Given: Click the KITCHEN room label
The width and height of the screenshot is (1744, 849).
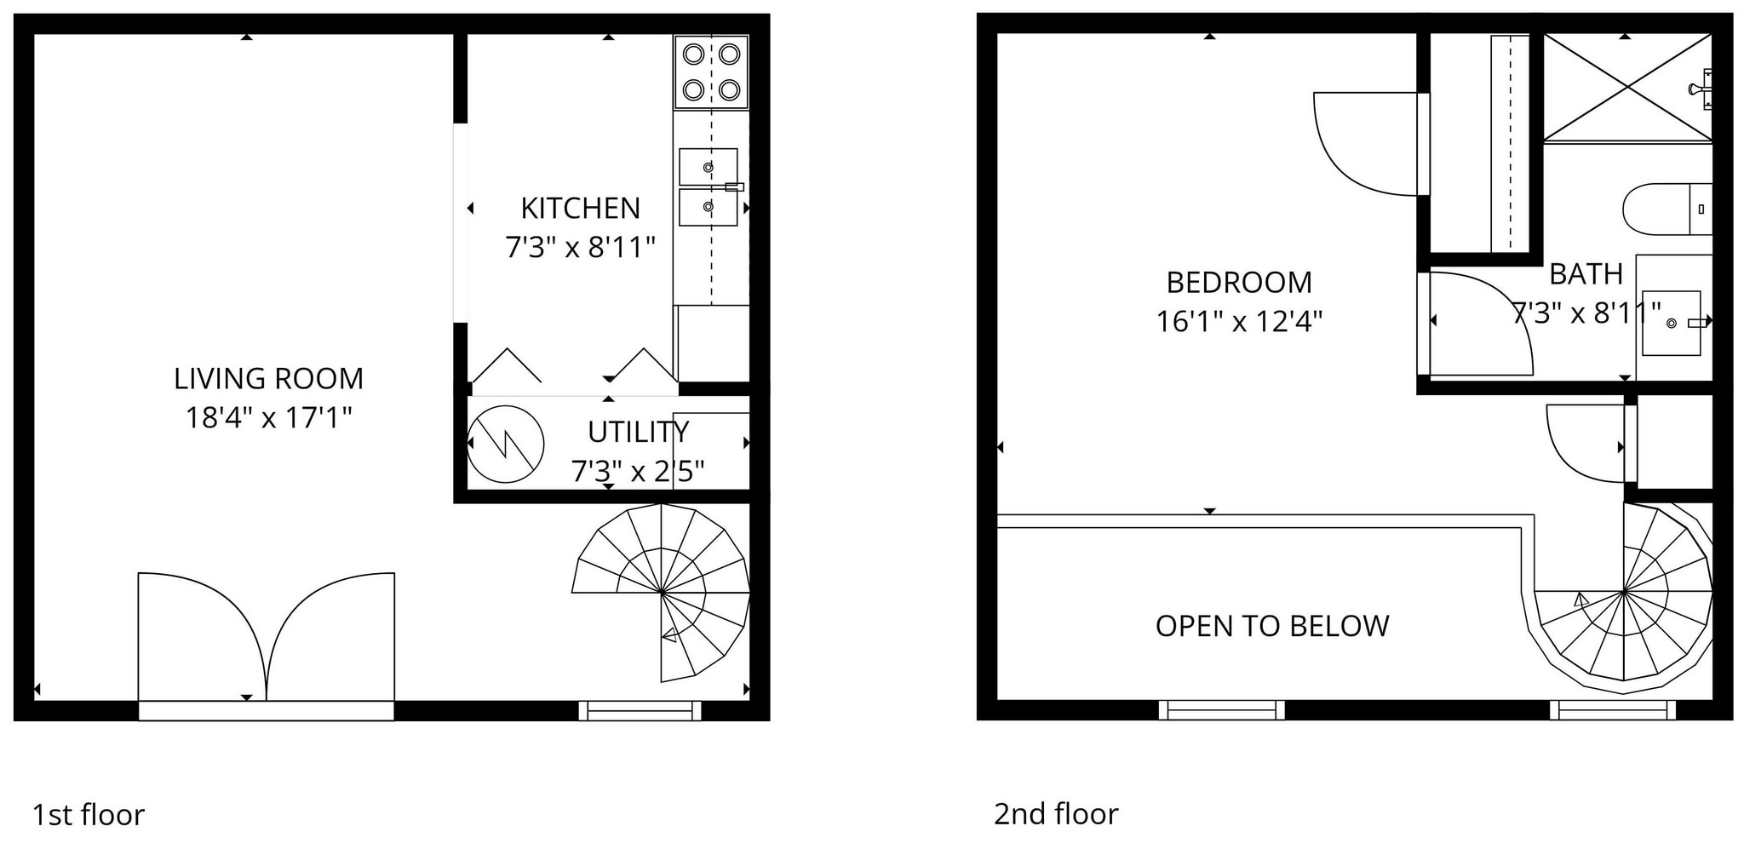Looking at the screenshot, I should tap(580, 209).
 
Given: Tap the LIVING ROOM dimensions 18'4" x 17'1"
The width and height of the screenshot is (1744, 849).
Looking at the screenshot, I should tap(268, 418).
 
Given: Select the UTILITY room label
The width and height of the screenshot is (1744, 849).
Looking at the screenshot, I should tap(638, 433).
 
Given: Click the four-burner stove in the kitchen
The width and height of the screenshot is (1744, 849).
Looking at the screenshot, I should tap(711, 72).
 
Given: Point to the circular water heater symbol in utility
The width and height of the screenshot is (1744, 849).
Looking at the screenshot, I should tap(506, 445).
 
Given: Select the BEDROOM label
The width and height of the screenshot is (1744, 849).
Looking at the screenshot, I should tap(1238, 283).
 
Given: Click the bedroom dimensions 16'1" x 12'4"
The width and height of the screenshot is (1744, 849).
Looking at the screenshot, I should tap(1238, 322).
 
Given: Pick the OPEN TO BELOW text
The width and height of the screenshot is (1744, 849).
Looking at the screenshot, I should tap(1271, 627).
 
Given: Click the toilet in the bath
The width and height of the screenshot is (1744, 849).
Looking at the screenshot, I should tap(1665, 209).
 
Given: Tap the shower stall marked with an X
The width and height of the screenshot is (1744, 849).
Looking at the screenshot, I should tap(1626, 87).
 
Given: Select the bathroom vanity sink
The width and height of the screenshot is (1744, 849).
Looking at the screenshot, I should tap(1671, 323).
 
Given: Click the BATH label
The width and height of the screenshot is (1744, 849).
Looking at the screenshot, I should tap(1585, 274).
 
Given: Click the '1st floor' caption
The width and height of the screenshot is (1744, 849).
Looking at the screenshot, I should tap(89, 815).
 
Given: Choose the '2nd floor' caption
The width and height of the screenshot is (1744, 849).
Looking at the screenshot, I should tap(1055, 814).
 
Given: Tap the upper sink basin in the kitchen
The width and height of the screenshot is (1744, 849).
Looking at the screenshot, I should tap(708, 167).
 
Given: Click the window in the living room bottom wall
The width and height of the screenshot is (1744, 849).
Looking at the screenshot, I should tap(640, 710).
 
